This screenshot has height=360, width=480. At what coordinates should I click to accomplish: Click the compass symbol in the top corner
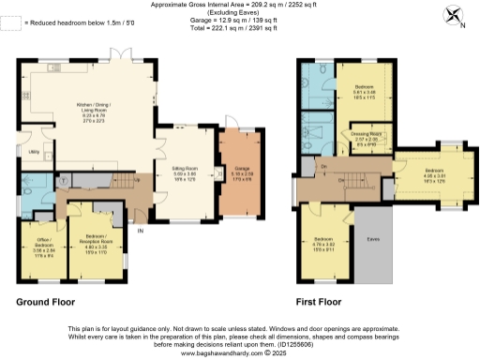457,15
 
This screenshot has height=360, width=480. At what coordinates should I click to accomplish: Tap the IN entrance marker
142,231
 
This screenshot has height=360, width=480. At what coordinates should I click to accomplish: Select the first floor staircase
347,178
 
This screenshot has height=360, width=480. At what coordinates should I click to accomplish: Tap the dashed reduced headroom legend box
10,22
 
